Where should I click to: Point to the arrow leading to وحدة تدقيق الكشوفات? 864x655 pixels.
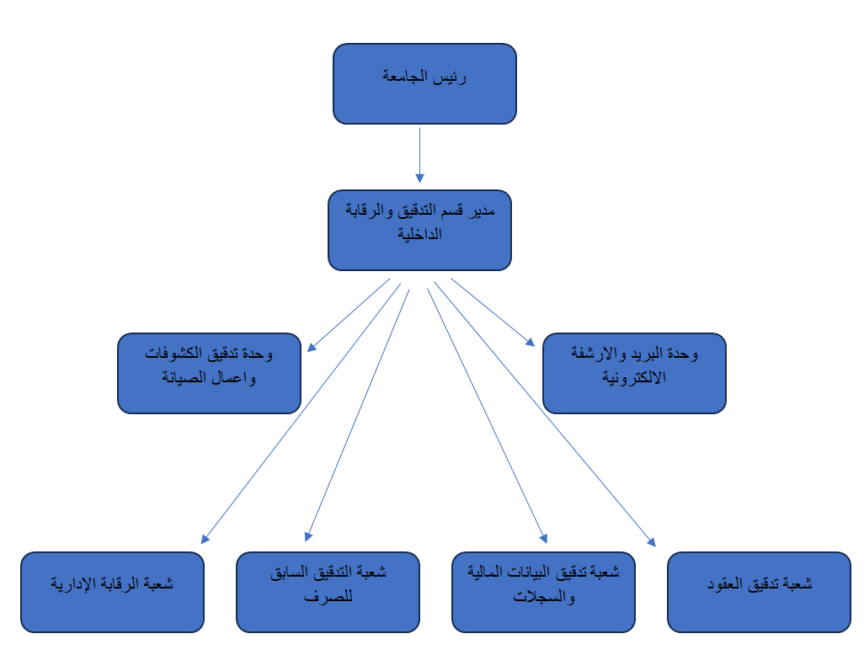click(349, 315)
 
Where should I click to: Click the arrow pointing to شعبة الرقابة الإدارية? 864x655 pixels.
click(301, 412)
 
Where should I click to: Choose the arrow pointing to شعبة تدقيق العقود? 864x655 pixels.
click(544, 413)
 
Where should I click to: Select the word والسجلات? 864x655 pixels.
click(543, 598)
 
